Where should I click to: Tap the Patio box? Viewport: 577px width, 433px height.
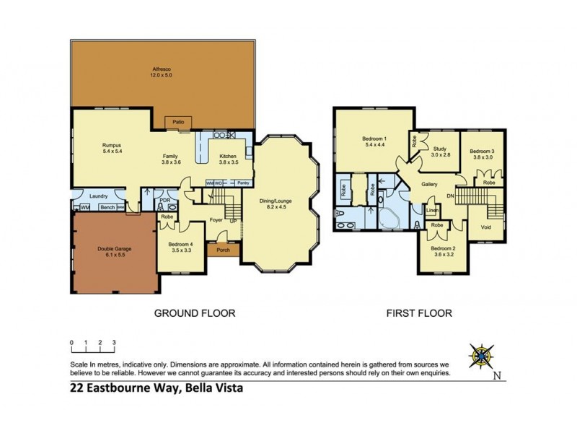177,123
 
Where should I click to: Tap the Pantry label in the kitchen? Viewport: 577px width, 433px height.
243,183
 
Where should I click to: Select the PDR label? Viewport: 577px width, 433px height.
164,200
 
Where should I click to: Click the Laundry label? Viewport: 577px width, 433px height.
99,196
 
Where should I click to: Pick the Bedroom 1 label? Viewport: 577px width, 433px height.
374,142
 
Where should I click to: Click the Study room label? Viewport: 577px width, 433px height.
441,151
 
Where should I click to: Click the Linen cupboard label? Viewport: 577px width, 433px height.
431,210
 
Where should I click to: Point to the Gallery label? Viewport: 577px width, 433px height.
430,185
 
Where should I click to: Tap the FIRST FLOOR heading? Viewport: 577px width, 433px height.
419,313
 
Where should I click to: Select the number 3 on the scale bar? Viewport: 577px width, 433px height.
113,342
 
